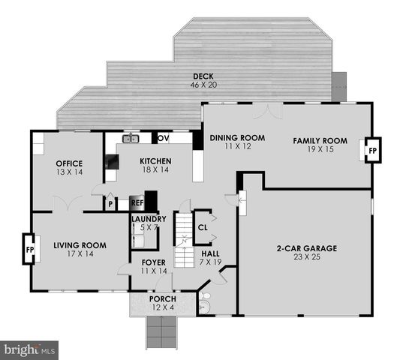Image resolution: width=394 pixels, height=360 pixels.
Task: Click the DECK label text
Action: point(203,76)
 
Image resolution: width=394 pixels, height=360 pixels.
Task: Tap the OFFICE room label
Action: point(69,163)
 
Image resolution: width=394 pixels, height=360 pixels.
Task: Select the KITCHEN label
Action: point(155,161)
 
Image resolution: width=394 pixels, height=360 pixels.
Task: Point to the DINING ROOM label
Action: point(237,138)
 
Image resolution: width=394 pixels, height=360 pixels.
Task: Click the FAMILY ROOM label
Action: point(320,140)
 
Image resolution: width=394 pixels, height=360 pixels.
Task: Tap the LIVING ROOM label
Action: point(80,245)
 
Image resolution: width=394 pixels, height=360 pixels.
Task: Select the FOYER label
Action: point(153,262)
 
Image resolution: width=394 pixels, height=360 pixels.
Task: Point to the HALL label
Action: point(210,254)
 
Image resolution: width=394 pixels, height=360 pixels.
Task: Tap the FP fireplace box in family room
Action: point(372,150)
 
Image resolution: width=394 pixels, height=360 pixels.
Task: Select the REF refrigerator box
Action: point(137,202)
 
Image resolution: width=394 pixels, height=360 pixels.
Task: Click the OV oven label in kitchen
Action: point(163,138)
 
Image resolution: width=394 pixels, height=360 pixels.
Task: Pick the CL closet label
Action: point(202,226)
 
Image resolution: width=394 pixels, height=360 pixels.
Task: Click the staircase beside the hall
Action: point(185,240)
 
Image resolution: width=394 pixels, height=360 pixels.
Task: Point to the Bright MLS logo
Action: point(29,349)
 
